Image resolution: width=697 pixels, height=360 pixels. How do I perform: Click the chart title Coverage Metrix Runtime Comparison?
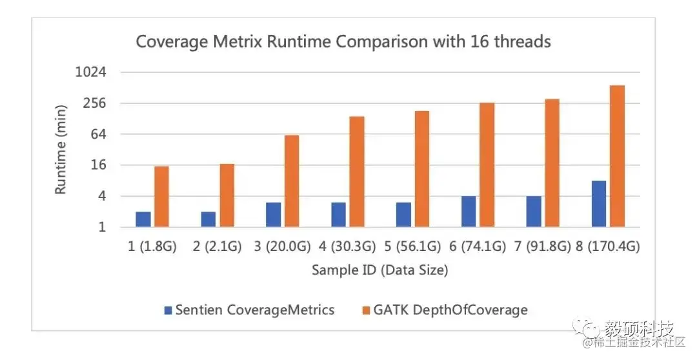[x=343, y=42]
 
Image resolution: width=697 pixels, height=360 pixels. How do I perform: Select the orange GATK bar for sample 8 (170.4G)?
[x=617, y=156]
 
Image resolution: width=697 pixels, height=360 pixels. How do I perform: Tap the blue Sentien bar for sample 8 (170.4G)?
[x=599, y=204]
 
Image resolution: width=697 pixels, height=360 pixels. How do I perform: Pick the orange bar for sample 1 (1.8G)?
[x=161, y=197]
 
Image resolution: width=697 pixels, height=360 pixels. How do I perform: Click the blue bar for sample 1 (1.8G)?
[x=143, y=219]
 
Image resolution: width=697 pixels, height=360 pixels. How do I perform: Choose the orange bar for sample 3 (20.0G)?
[x=292, y=181]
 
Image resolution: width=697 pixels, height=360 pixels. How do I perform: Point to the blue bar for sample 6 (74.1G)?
[x=469, y=212]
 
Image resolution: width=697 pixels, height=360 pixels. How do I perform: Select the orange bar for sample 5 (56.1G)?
[x=422, y=169]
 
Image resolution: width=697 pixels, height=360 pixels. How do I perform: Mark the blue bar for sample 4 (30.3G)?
[x=338, y=215]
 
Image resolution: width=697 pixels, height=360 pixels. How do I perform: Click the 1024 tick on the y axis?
[x=90, y=72]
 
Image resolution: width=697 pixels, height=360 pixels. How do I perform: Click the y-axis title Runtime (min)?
[x=61, y=149]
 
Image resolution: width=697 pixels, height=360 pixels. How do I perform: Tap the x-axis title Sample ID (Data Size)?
[x=379, y=270]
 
